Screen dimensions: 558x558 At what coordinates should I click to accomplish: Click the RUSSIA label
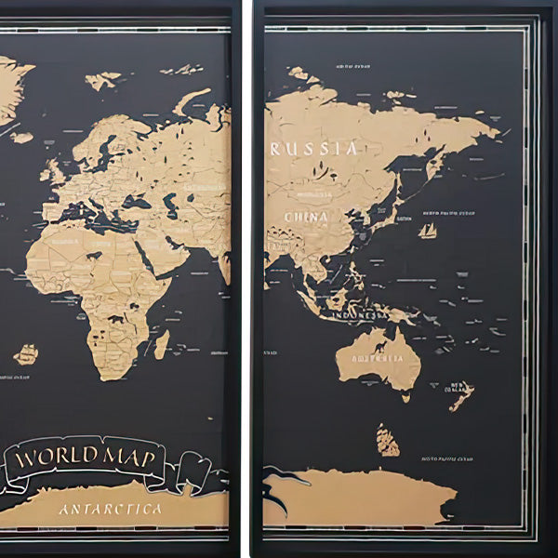312,149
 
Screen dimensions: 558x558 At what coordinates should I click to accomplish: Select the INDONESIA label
360,316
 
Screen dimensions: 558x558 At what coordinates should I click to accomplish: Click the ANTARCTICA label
110,509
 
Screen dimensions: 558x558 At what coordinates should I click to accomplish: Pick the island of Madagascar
162,345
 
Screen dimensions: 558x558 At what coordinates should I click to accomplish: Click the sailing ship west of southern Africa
26,354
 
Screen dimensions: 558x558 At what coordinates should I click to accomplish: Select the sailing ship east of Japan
428,230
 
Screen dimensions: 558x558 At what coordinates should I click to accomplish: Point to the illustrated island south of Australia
388,440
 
